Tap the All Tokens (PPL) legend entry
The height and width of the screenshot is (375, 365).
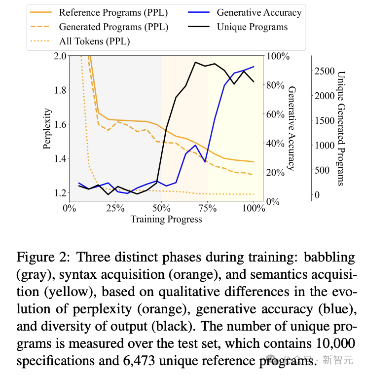pyautogui.click(x=94, y=41)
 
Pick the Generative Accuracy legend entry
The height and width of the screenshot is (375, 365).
pyautogui.click(x=259, y=12)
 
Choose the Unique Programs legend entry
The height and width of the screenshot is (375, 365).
pyautogui.click(x=252, y=27)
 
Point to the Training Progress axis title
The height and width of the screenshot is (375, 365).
pyautogui.click(x=166, y=219)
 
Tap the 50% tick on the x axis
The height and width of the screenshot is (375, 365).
pyautogui.click(x=161, y=208)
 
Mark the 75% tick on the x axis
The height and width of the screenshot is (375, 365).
pyautogui.click(x=208, y=208)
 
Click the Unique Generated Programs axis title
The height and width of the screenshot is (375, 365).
pyautogui.click(x=340, y=128)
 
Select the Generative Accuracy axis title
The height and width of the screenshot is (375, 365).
pyautogui.click(x=292, y=128)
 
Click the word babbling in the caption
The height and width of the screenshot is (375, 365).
pyautogui.click(x=329, y=257)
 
